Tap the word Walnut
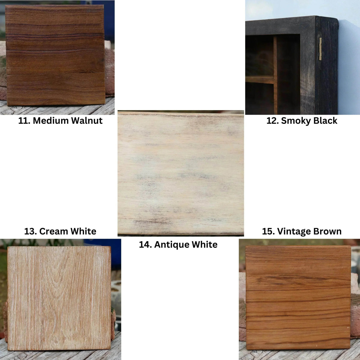coord(87,121)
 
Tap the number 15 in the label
coord(268,231)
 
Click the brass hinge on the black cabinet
coord(320,49)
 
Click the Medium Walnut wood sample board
coord(55,55)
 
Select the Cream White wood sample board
coord(59,298)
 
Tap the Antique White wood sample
coord(181,173)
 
